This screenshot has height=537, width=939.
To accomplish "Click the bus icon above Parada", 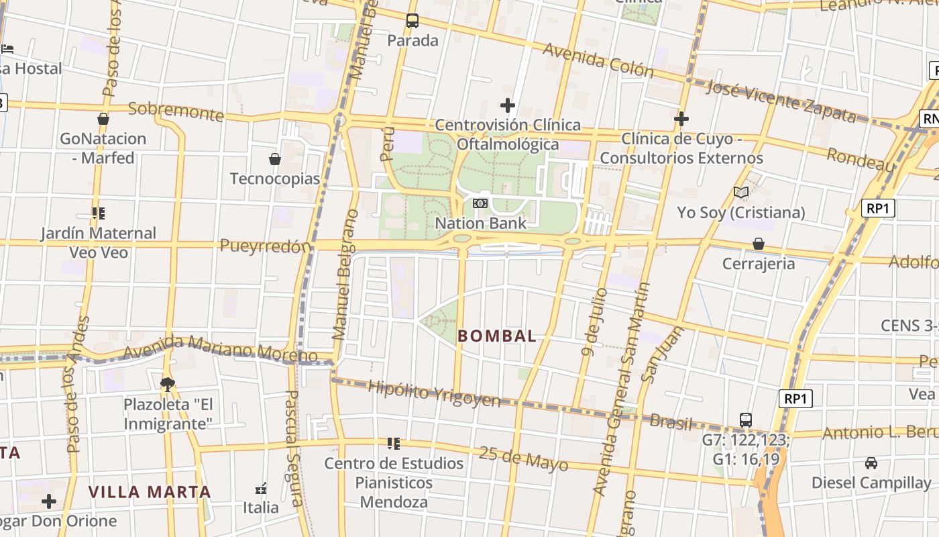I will coord(412,21).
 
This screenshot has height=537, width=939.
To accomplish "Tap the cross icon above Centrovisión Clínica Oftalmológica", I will coord(508,105).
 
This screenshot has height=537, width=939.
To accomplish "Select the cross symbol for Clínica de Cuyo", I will coord(681,119).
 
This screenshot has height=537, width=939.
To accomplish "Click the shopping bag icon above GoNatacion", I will coord(103,119).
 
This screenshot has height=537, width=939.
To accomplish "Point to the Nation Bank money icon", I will coord(480,203).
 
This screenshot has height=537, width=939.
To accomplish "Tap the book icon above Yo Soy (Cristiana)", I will coord(740,193).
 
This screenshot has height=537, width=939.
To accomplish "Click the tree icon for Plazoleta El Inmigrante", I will coord(167,384).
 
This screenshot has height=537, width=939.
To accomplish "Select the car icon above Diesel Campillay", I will coord(871,463).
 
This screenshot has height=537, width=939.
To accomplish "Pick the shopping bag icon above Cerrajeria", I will coord(758,244).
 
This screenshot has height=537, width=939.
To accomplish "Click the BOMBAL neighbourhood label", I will coord(497,336).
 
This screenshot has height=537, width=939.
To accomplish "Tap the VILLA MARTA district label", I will coord(150,492).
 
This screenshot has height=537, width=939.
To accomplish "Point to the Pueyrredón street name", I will coord(266,246).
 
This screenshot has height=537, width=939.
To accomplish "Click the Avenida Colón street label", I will coord(598,60).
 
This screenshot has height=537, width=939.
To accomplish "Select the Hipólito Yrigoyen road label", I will coord(434,393).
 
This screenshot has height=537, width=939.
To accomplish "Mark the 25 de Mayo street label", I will coord(524,459).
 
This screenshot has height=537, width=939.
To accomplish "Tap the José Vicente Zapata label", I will coord(782,101).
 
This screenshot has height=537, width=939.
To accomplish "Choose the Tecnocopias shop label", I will coord(275,179).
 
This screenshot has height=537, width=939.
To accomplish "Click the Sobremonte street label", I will coord(176,111).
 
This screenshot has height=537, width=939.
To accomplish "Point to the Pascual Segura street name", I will coord(294,448).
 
